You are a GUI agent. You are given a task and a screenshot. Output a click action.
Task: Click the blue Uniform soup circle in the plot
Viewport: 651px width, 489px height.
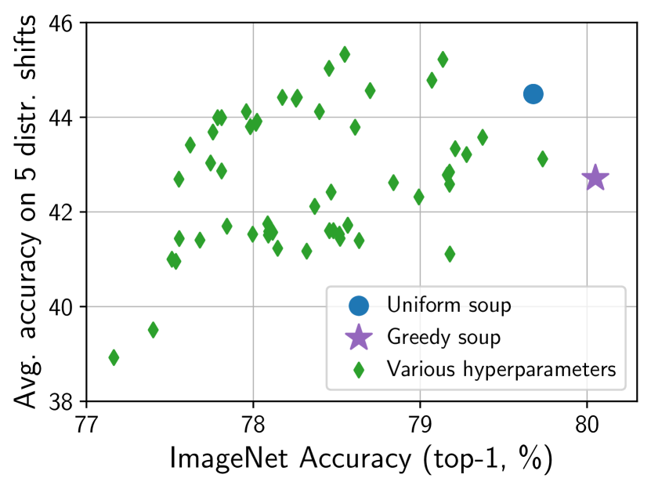[533, 94]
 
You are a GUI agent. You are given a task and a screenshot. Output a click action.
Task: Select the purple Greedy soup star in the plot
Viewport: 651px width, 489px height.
[595, 178]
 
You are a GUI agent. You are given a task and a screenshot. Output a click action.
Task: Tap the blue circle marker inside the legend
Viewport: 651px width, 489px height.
[359, 306]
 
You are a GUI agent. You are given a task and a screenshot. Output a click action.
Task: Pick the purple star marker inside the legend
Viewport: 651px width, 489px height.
[359, 337]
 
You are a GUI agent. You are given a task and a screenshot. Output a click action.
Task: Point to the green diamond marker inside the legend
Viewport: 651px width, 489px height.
[359, 369]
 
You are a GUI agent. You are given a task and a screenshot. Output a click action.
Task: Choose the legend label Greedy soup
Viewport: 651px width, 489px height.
[443, 337]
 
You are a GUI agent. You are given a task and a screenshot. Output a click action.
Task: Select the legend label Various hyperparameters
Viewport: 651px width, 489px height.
[501, 369]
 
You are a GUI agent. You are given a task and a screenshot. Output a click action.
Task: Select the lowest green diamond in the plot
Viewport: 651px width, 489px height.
[114, 357]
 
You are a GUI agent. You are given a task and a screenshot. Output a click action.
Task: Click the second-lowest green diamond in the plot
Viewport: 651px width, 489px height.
[153, 330]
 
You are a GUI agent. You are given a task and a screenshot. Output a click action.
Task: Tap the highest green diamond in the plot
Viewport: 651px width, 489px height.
[345, 54]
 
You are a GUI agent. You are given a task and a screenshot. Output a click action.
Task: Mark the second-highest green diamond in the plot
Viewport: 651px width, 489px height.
[443, 59]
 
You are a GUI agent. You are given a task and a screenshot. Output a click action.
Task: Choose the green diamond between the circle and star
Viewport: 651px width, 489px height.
[542, 159]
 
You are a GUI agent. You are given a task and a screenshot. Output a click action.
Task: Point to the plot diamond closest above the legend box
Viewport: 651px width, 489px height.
[450, 254]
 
